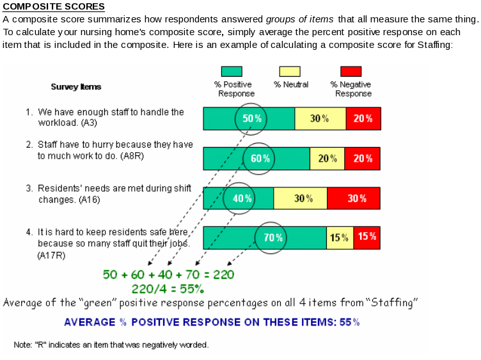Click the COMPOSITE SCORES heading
pos(54,7)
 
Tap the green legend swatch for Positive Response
pos(232,72)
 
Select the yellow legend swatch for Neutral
pos(291,72)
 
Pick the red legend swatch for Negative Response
pos(351,72)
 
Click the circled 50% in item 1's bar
pos(252,118)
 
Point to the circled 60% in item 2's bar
pos(260,159)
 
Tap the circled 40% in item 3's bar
pos(242,198)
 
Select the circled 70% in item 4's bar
pos(273,238)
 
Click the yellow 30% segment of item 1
pos(320,118)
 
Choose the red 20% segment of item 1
pos(363,118)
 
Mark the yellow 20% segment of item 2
pos(327,159)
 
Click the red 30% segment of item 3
pos(354,198)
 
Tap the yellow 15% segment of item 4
pos(340,238)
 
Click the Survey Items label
pos(76,87)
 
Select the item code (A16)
pos(89,200)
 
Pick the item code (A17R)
pos(52,255)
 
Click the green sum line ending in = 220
pos(168,274)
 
